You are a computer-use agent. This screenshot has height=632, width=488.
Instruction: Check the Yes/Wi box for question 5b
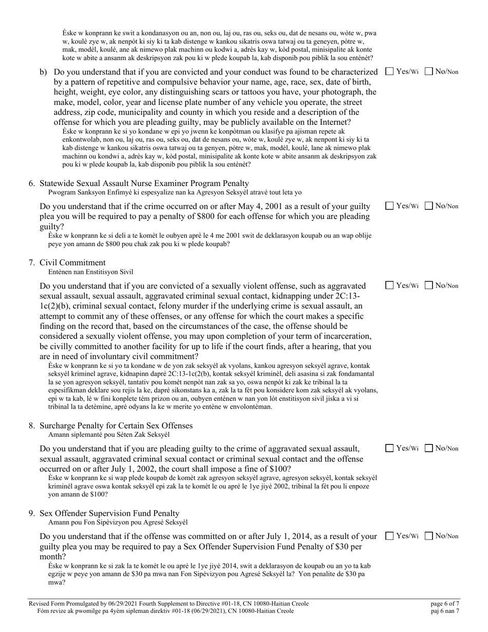click(389, 71)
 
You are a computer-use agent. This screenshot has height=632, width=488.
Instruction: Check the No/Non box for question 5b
click(429, 71)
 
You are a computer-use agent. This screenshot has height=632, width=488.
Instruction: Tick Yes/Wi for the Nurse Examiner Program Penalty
click(389, 206)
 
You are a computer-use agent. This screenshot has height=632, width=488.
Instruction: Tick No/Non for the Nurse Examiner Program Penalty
click(429, 206)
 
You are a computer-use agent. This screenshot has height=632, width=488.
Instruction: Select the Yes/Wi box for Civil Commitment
click(389, 285)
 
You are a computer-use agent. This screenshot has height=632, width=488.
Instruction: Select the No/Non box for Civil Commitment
click(429, 285)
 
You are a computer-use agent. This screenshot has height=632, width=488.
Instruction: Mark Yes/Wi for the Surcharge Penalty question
click(389, 448)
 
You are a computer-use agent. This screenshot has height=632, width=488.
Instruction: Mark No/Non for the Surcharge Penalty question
click(429, 448)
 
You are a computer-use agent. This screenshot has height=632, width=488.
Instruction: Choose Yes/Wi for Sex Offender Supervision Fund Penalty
click(389, 536)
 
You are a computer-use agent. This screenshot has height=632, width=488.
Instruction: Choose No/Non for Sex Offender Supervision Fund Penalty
click(429, 536)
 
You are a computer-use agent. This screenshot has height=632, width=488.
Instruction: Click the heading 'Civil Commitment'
click(72, 263)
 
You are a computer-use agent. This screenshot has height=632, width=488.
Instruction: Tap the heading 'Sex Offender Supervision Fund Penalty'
click(109, 513)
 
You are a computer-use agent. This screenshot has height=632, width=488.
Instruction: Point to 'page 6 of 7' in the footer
click(444, 604)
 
